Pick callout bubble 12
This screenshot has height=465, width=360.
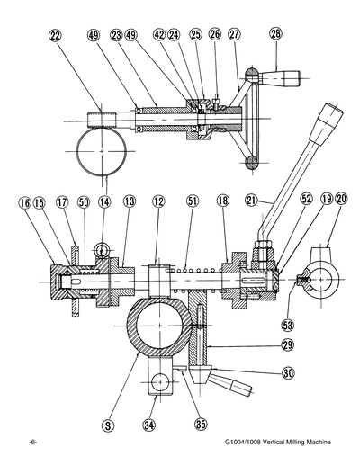(159, 203)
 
